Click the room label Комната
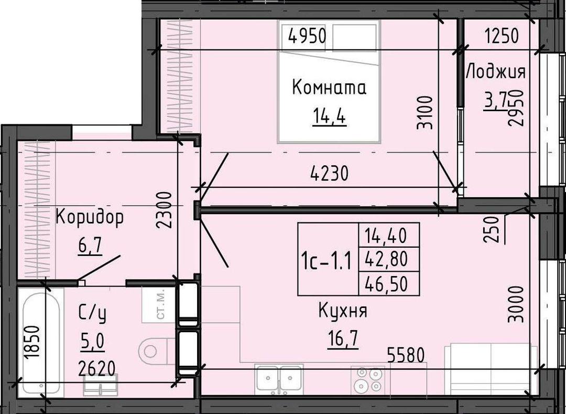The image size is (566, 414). click(329, 87)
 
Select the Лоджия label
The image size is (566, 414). click(496, 71)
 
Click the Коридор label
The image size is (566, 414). click(90, 217)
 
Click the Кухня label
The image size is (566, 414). click(343, 311)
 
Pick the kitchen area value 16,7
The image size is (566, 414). click(343, 339)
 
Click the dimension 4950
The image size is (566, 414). click(308, 37)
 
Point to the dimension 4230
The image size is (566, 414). click(330, 173)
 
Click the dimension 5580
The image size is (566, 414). click(406, 355)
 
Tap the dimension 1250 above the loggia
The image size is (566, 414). click(502, 36)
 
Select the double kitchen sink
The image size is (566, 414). click(279, 379)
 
